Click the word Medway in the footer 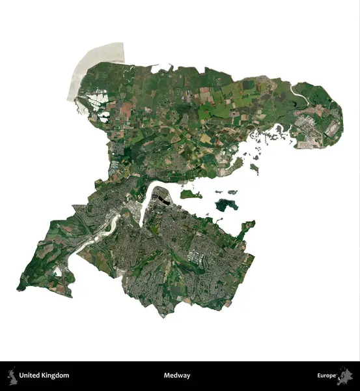coord(177,375)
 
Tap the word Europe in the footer coord(327,375)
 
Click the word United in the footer coord(29,375)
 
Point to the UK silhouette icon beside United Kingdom coord(12,375)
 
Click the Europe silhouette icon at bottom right coord(346,376)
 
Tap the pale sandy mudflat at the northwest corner coord(91,65)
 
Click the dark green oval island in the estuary coord(225,205)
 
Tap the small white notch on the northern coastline coord(156,67)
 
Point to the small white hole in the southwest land coord(59,270)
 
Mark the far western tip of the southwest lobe coord(18,287)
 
